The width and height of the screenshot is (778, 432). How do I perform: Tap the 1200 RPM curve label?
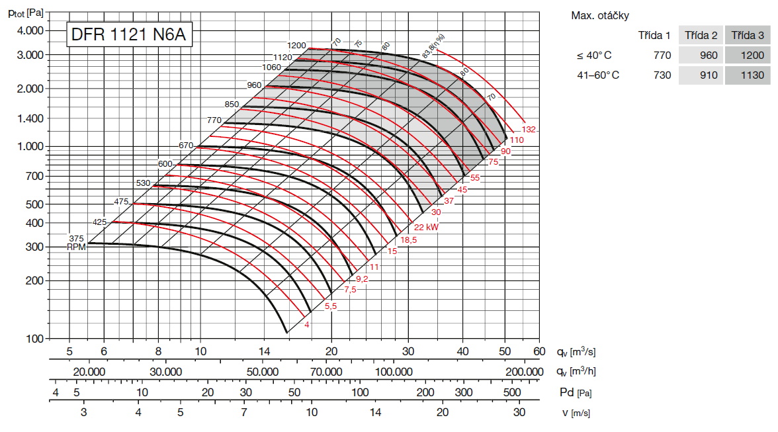click(297, 46)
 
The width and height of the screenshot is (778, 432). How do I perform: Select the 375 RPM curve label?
click(76, 239)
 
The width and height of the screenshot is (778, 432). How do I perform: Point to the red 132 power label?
click(529, 129)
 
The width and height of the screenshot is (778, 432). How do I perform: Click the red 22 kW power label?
click(427, 227)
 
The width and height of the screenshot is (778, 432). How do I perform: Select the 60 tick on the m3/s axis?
click(539, 351)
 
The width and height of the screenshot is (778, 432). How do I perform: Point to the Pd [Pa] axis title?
click(575, 393)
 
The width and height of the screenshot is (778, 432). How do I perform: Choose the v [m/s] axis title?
click(575, 413)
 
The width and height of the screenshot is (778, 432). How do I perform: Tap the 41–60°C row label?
click(598, 75)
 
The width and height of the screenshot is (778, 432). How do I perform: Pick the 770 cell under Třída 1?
click(662, 55)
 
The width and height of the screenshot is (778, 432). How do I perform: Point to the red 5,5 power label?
click(331, 306)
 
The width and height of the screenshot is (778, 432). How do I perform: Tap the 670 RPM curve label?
click(186, 145)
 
